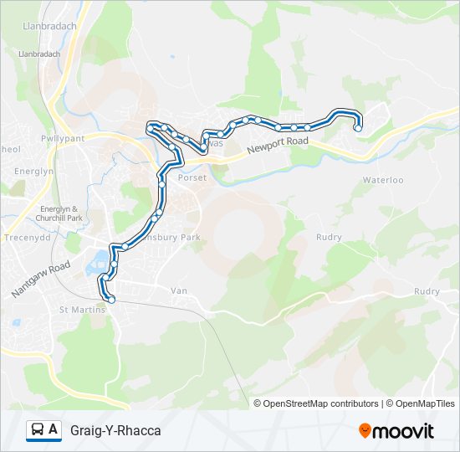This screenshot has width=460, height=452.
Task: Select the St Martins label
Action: pos(82,310)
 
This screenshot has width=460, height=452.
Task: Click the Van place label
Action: pos(178,290)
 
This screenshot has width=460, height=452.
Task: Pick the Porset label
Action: pos(191,177)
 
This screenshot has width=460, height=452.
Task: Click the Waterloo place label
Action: pos(383,180)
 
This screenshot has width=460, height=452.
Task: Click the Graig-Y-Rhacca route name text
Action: pos(115,430)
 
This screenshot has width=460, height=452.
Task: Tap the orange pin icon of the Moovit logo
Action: pos(365,430)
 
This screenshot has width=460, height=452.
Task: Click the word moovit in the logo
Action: pos(403,431)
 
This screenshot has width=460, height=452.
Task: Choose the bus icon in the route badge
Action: pos(38,430)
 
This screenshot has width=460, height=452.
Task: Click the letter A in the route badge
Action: pos(54,430)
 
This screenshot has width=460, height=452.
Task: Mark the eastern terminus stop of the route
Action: pos(358,128)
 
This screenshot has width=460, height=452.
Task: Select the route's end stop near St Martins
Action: pos(110,299)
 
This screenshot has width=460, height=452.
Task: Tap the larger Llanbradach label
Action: pos(49,26)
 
